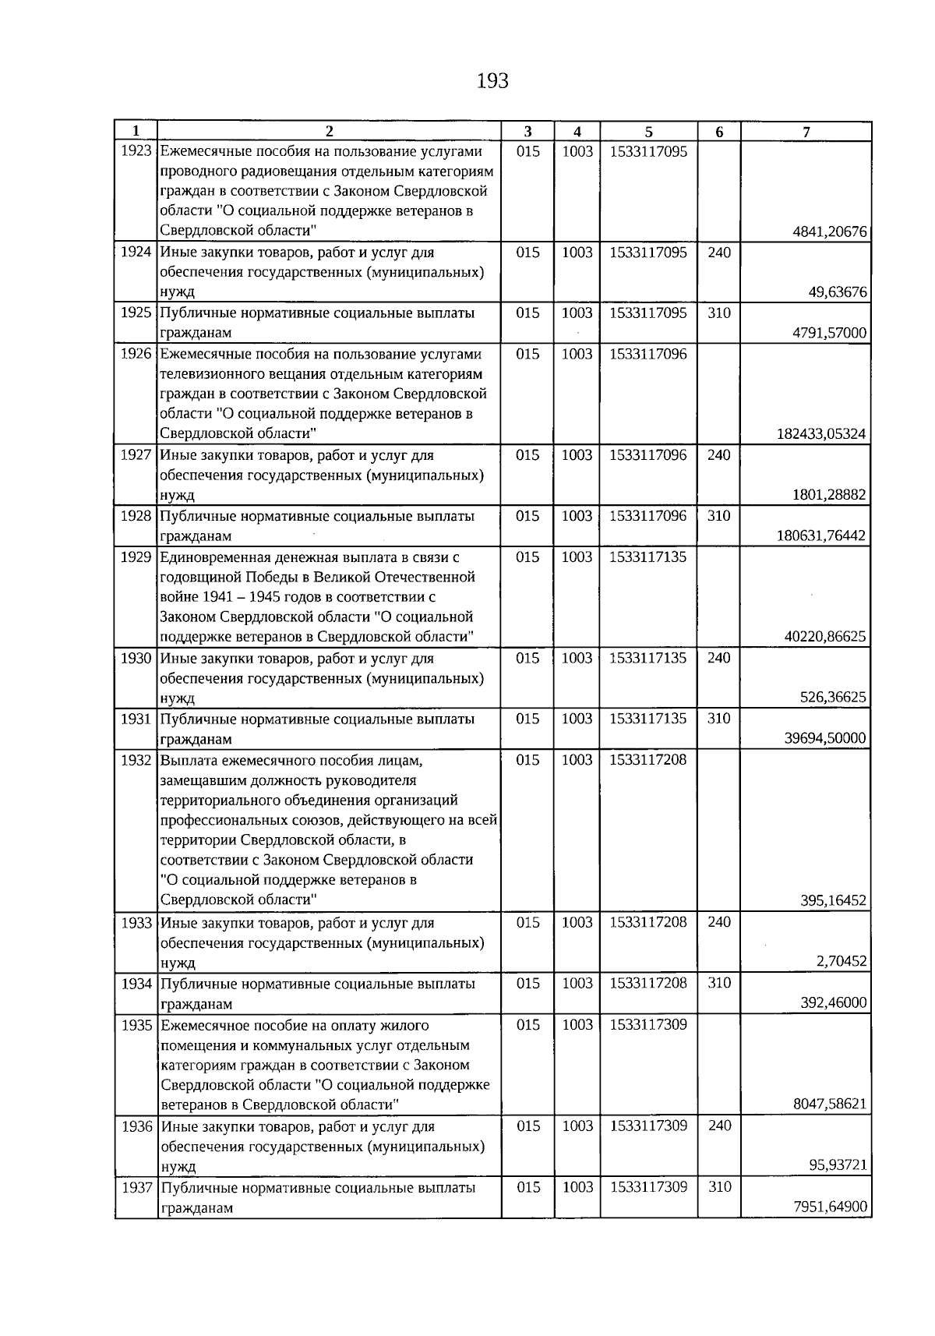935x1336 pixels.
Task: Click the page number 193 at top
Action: (x=492, y=81)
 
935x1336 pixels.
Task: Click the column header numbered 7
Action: (x=806, y=132)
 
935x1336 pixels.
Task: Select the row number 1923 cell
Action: (x=136, y=151)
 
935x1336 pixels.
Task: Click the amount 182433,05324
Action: (x=821, y=434)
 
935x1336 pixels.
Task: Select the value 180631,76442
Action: (x=821, y=535)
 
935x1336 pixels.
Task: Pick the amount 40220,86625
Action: (x=824, y=636)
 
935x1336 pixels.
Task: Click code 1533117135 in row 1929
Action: (x=648, y=557)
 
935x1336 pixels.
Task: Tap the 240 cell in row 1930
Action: (x=718, y=658)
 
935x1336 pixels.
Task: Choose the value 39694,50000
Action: (x=824, y=738)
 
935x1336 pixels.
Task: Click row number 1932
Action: (x=136, y=760)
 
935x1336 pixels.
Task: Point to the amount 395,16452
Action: (x=833, y=900)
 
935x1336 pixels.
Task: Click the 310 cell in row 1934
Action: (x=718, y=983)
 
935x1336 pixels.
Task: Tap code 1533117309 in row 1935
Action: (x=648, y=1025)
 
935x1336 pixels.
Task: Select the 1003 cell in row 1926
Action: (x=577, y=354)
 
